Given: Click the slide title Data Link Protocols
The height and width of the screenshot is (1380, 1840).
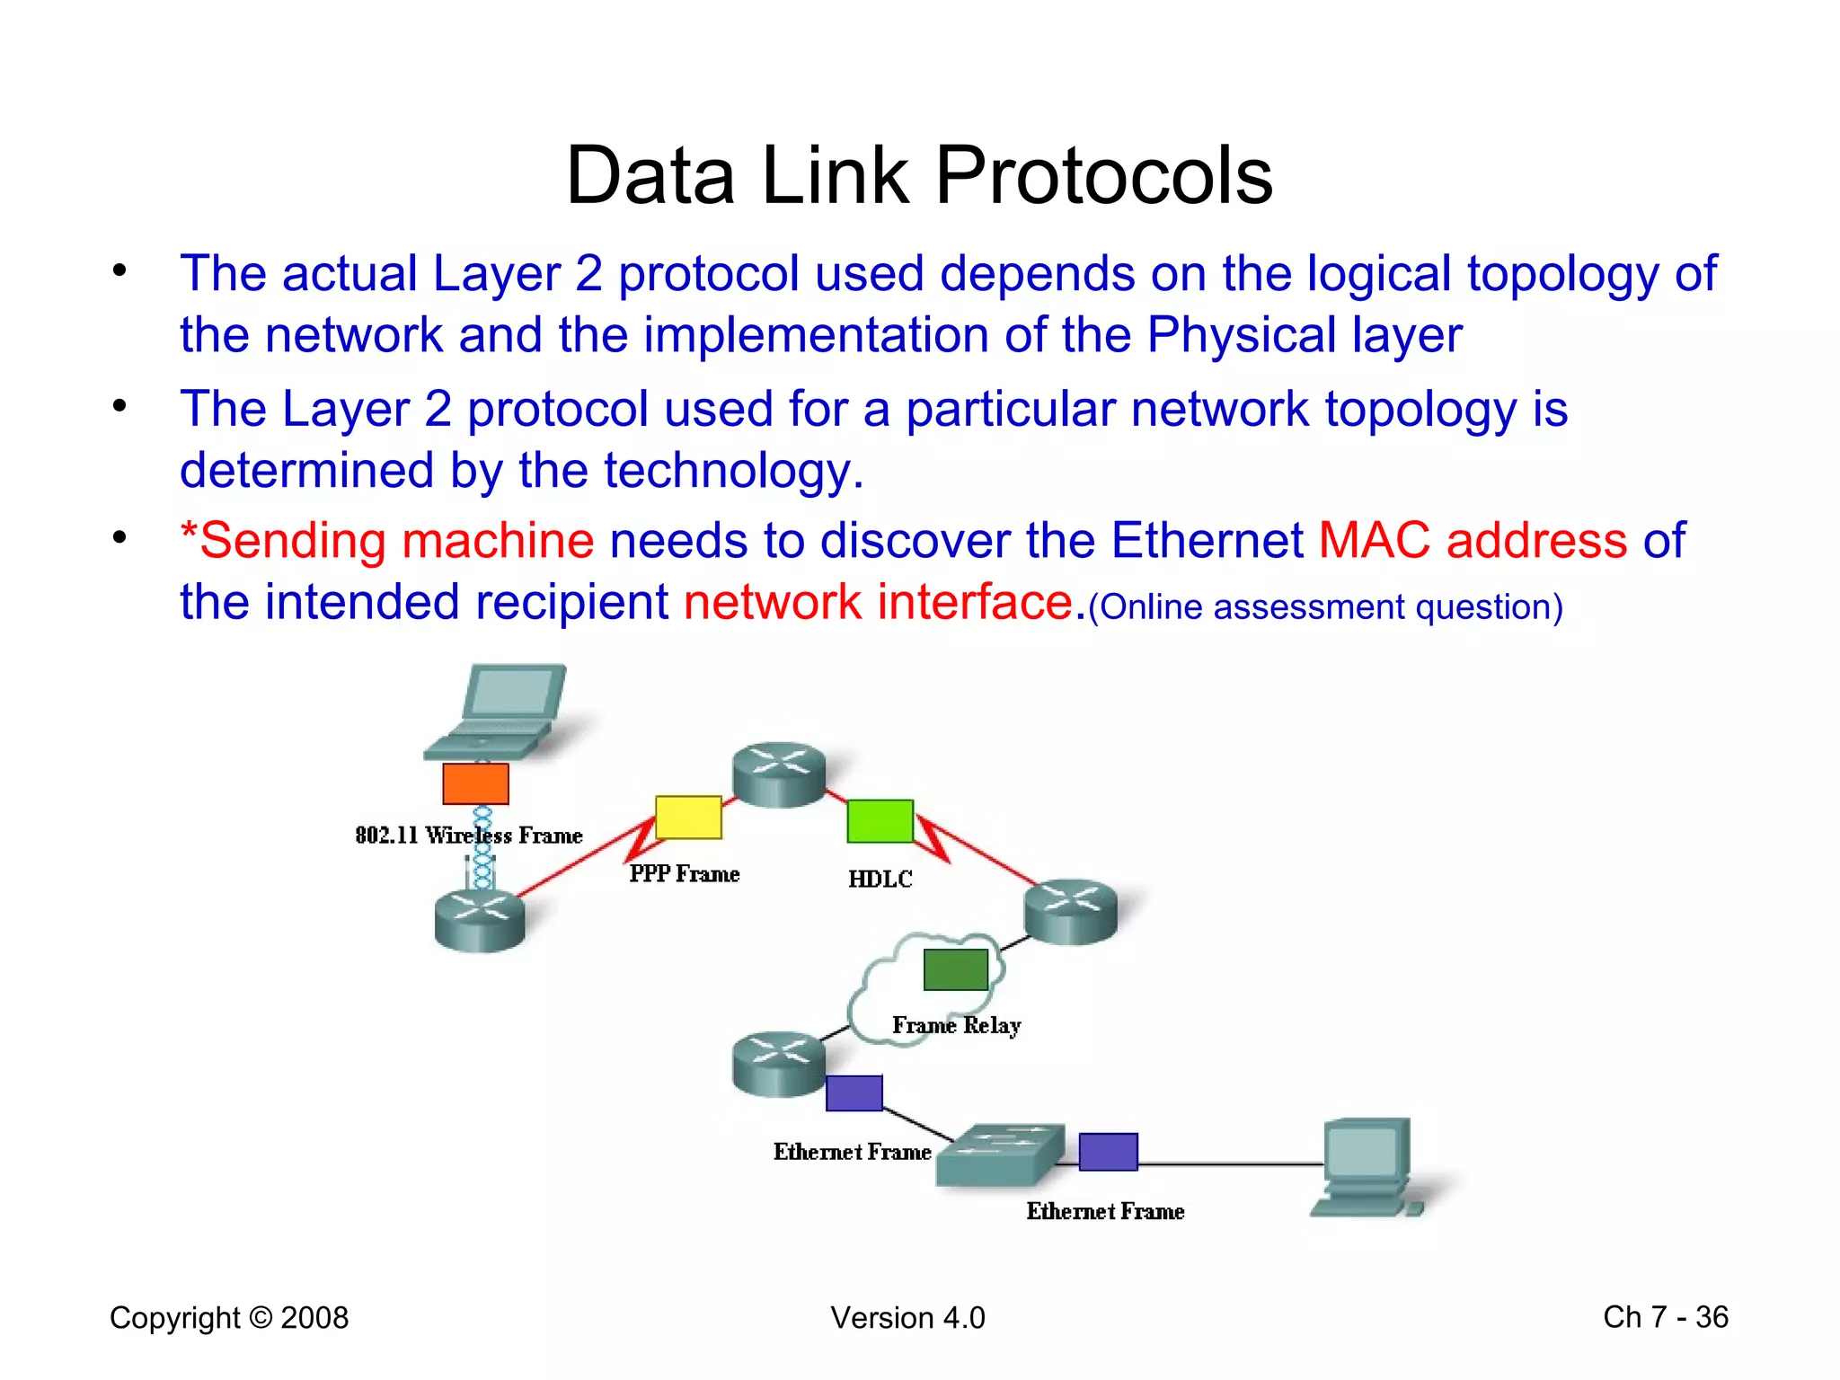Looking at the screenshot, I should pyautogui.click(x=919, y=175).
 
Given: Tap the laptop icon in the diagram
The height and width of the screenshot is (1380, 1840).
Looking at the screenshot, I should pyautogui.click(x=499, y=712).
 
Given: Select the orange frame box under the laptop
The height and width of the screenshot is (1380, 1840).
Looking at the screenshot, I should pyautogui.click(x=475, y=783).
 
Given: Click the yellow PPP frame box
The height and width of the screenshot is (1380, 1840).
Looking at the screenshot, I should pyautogui.click(x=688, y=818).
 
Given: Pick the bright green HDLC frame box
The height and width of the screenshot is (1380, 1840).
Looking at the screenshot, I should pyautogui.click(x=880, y=821).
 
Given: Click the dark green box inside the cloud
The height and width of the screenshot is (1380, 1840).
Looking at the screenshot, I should pyautogui.click(x=955, y=970).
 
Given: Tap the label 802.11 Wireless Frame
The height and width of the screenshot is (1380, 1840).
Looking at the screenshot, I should pyautogui.click(x=468, y=836).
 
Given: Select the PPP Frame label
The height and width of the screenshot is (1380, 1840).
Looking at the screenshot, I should pyautogui.click(x=684, y=874).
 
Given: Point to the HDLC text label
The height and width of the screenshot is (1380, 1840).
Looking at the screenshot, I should pyautogui.click(x=880, y=879).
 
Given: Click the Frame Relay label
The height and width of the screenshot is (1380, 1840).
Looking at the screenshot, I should pyautogui.click(x=956, y=1025).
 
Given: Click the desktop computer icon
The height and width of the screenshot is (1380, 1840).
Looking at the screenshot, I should pyautogui.click(x=1366, y=1166).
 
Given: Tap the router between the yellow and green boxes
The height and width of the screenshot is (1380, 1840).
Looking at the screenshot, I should pyautogui.click(x=778, y=774).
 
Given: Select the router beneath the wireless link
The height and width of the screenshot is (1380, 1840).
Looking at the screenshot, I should pyautogui.click(x=479, y=920).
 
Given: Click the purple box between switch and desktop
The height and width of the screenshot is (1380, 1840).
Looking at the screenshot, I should pyautogui.click(x=1108, y=1152).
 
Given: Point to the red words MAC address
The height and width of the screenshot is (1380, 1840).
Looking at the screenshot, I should pyautogui.click(x=1473, y=541).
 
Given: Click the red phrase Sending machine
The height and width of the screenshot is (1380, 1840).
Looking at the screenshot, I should pyautogui.click(x=388, y=541).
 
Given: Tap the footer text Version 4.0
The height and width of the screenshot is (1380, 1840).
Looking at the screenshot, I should pyautogui.click(x=907, y=1318).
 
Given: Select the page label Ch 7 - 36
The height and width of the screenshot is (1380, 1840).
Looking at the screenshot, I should pyautogui.click(x=1665, y=1317).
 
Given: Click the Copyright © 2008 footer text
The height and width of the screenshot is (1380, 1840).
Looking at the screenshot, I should pyautogui.click(x=229, y=1318).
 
